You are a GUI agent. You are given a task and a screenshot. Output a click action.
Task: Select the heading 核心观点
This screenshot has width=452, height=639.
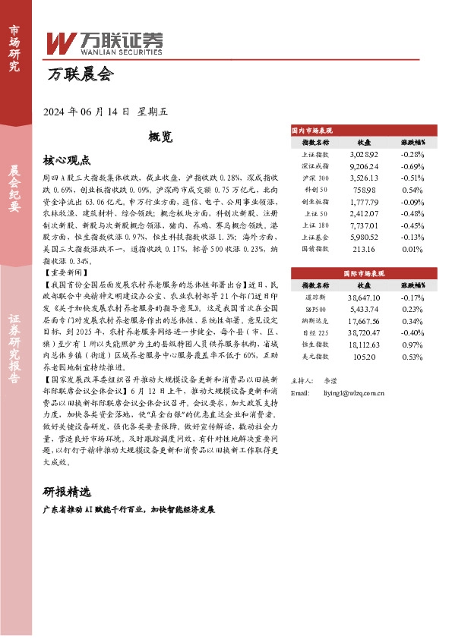(67, 160)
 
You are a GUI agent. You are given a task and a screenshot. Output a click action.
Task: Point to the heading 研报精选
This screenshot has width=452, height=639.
(67, 489)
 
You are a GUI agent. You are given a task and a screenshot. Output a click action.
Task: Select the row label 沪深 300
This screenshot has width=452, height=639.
(315, 177)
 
